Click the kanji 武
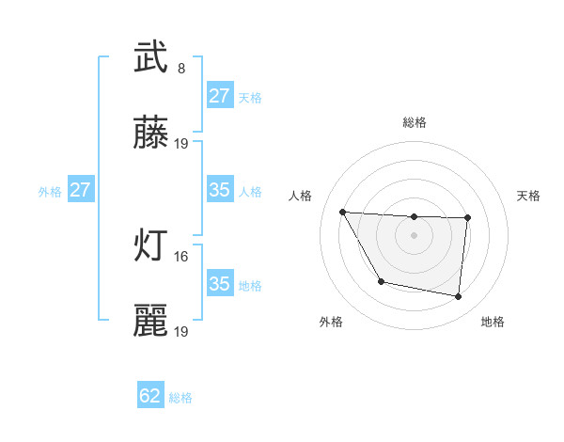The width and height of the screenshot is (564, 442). point(150,59)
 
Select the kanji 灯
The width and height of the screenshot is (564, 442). point(150,247)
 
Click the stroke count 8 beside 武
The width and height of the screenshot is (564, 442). point(181,68)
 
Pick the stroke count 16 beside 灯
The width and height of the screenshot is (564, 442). point(181,255)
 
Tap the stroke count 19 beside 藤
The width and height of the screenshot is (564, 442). point(181,144)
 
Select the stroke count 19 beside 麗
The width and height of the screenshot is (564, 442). point(181,331)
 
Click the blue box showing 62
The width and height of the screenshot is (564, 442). point(150,396)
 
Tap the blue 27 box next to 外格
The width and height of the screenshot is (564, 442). point(80,190)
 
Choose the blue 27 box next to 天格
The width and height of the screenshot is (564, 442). point(219,96)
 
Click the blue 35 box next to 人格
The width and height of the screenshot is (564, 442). point(219,190)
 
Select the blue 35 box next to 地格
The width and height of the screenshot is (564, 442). point(219,284)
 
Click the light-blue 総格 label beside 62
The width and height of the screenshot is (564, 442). point(180,398)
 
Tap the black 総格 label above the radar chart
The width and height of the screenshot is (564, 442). point(415,122)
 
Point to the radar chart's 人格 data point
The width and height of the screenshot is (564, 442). point(343,212)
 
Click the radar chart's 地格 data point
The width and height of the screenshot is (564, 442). point(459,297)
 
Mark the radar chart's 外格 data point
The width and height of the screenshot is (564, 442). point(381,281)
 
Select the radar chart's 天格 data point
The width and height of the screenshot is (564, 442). point(467,218)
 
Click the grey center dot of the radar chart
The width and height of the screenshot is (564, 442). point(415,235)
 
